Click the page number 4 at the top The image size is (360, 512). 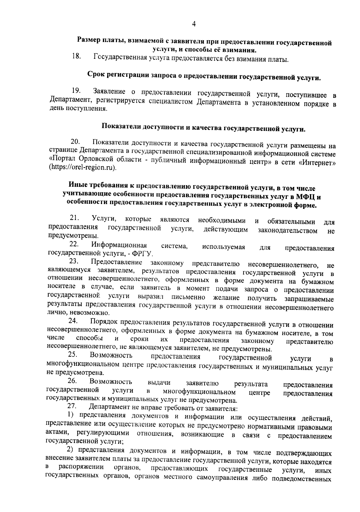pyautogui.click(x=193, y=24)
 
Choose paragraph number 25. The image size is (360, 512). pyautogui.click(x=73, y=355)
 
